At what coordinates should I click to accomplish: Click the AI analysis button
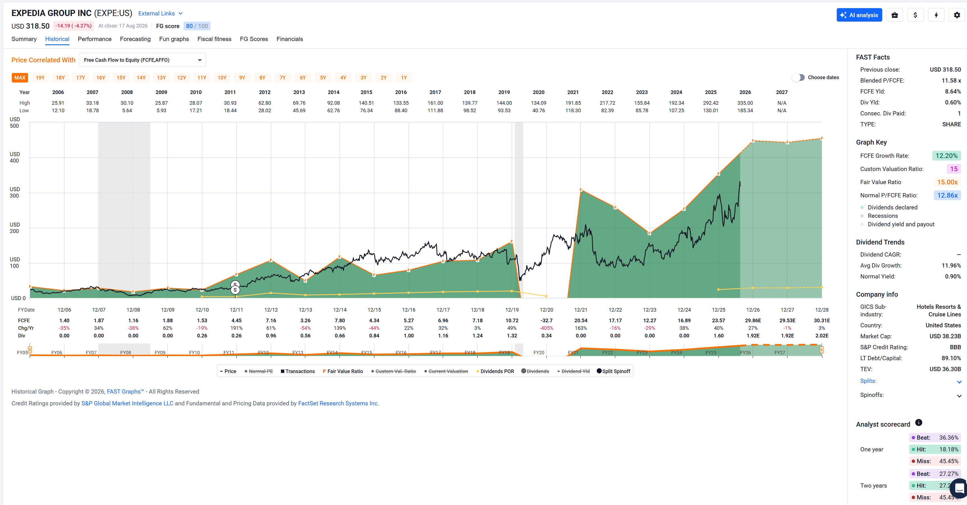[x=859, y=15]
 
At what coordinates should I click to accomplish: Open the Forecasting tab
[x=135, y=39]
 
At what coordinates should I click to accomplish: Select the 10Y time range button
[x=222, y=78]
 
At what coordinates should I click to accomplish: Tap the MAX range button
[x=20, y=78]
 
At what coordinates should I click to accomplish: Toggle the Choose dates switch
[x=799, y=77]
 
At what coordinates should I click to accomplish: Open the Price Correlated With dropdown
[x=143, y=60]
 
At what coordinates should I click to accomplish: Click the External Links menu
[x=160, y=13]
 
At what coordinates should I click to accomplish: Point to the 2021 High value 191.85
[x=573, y=103]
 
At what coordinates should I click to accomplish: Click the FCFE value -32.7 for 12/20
[x=546, y=320]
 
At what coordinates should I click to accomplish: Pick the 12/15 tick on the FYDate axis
[x=374, y=310]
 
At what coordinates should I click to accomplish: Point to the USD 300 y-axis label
[x=15, y=192]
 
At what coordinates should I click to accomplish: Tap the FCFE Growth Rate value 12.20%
[x=946, y=156]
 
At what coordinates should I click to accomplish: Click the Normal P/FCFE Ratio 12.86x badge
[x=947, y=195]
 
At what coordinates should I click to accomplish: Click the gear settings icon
[x=957, y=15]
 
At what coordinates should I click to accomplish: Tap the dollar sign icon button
[x=915, y=15]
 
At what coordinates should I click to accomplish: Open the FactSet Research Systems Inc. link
[x=338, y=403]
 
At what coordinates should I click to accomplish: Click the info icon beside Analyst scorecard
[x=918, y=423]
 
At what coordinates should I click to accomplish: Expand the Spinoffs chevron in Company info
[x=959, y=396]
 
